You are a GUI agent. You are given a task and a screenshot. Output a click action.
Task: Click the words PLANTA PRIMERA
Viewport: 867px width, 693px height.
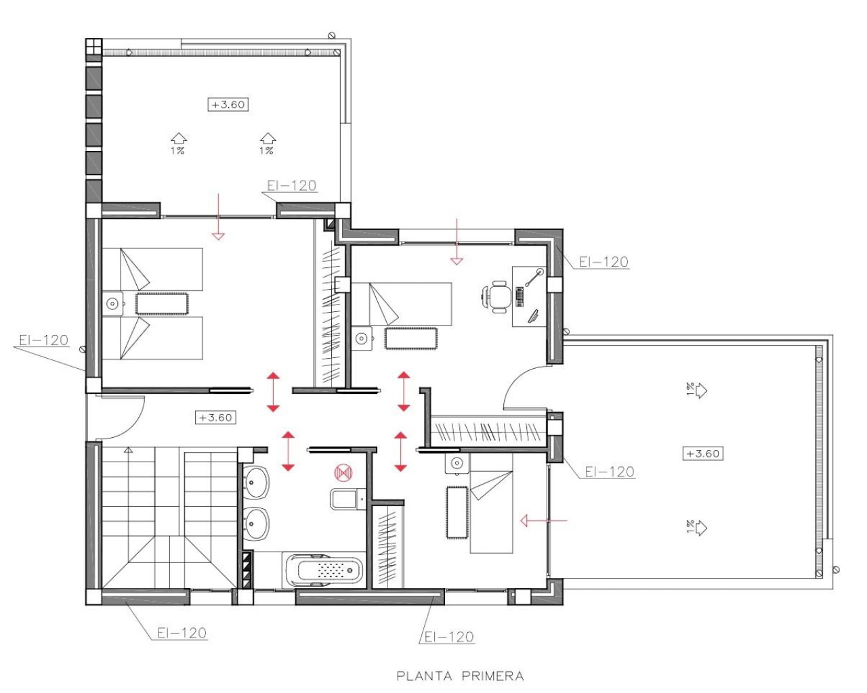pyautogui.click(x=460, y=675)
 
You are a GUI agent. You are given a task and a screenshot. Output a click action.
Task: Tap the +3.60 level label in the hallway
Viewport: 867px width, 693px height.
pyautogui.click(x=215, y=418)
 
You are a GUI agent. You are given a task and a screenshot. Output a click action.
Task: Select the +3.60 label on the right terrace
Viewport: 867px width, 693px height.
pyautogui.click(x=702, y=453)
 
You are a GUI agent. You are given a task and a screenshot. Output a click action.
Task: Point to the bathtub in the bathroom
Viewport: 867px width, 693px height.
pyautogui.click(x=324, y=571)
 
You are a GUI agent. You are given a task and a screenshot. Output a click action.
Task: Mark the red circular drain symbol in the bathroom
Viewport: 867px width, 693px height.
pyautogui.click(x=343, y=472)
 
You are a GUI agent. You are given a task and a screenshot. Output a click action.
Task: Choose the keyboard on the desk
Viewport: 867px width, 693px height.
pyautogui.click(x=520, y=296)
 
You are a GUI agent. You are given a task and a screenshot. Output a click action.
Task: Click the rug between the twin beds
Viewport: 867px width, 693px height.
pyautogui.click(x=162, y=304)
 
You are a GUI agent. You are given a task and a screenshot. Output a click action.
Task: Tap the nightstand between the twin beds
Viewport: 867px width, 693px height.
pyautogui.click(x=112, y=304)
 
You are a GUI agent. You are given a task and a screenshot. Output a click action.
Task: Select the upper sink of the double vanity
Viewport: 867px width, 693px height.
pyautogui.click(x=256, y=482)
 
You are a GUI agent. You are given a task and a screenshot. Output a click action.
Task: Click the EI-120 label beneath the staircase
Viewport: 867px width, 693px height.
pyautogui.click(x=182, y=633)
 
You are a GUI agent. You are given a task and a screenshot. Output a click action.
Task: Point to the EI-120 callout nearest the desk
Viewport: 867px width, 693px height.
pyautogui.click(x=604, y=262)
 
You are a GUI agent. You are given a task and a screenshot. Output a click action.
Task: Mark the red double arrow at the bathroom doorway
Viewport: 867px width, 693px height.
pyautogui.click(x=288, y=450)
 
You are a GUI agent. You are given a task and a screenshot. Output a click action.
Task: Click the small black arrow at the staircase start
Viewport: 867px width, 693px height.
pyautogui.click(x=128, y=449)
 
